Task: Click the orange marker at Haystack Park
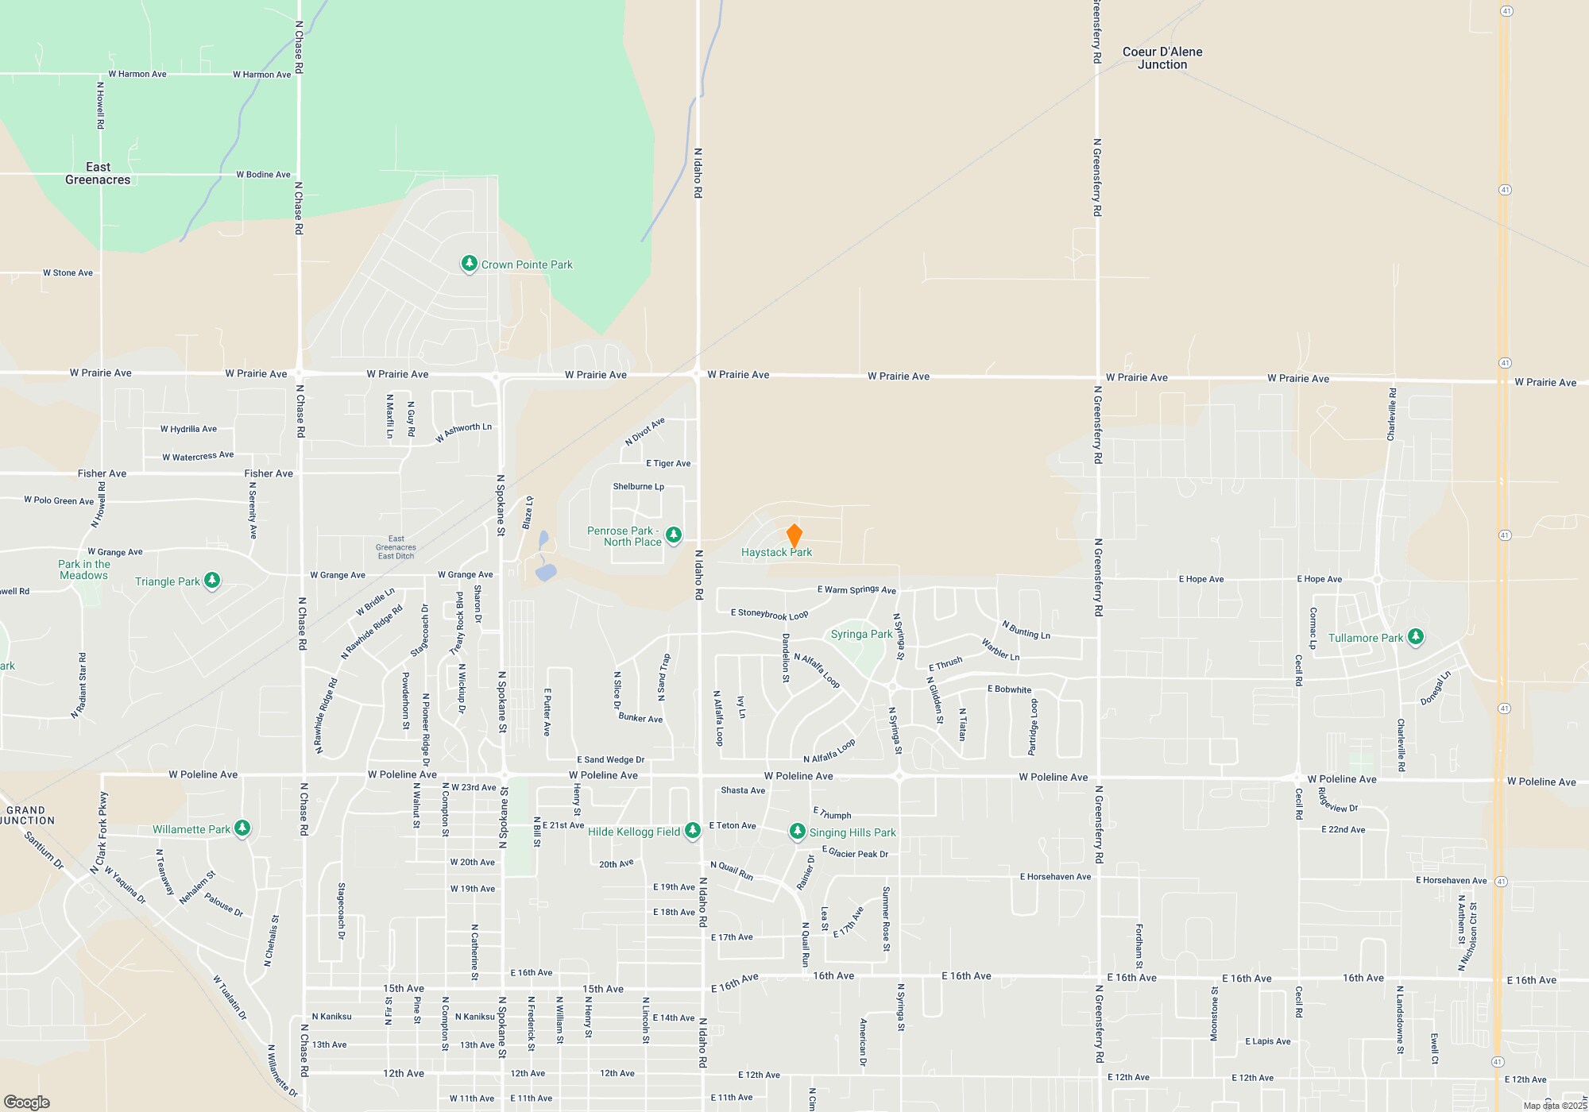(x=794, y=535)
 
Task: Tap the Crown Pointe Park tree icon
(x=470, y=264)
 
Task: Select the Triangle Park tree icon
(x=212, y=581)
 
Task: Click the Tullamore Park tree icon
(x=1415, y=637)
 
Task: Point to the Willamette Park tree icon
(x=242, y=828)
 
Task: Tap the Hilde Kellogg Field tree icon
(x=693, y=831)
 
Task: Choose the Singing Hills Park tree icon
(x=797, y=832)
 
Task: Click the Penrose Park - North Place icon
(x=674, y=535)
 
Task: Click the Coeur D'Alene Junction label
(x=1162, y=58)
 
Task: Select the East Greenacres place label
(x=98, y=173)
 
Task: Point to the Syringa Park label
(x=861, y=634)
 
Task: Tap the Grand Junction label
(x=29, y=816)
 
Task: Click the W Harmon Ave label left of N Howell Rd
(x=137, y=74)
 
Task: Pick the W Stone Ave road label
(x=68, y=273)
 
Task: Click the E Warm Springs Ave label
(x=856, y=589)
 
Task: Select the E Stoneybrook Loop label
(x=769, y=614)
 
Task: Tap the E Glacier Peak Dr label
(x=855, y=853)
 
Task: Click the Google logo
(x=27, y=1102)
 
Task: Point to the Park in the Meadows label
(x=84, y=570)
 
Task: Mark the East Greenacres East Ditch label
(x=396, y=547)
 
